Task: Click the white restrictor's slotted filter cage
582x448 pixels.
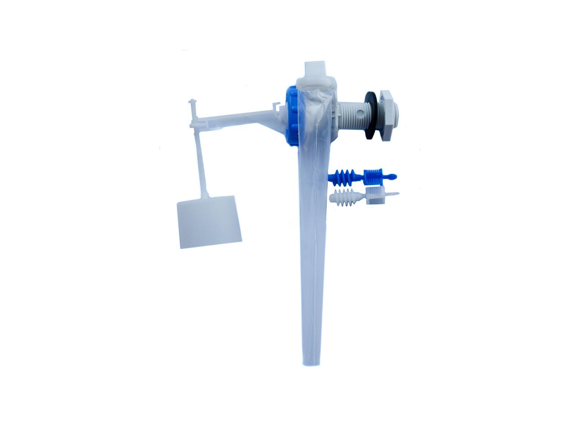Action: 375,195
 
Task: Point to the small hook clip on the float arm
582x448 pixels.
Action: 277,105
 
